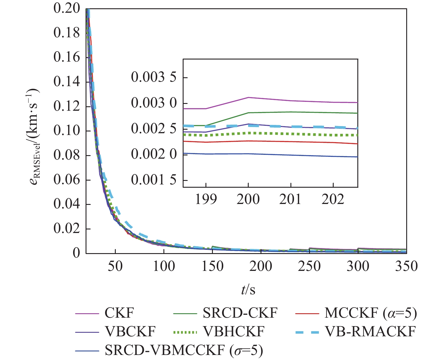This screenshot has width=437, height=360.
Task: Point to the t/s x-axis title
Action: (248, 289)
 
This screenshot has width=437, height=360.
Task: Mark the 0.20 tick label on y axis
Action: (67, 8)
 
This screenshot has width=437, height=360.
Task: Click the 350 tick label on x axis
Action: (407, 266)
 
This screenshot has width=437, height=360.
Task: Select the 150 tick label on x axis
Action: (212, 266)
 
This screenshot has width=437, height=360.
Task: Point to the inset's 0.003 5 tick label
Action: (154, 77)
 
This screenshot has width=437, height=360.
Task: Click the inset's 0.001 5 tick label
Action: (154, 180)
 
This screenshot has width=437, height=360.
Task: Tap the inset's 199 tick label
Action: (206, 199)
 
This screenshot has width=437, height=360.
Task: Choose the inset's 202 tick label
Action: (333, 199)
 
